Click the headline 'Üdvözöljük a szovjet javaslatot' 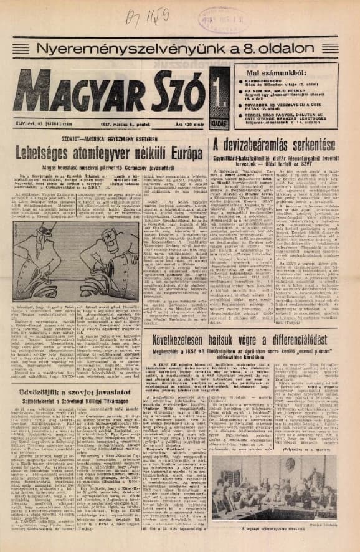pyautogui.click(x=74, y=380)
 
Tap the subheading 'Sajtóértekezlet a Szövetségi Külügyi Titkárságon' pyautogui.click(x=74, y=394)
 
